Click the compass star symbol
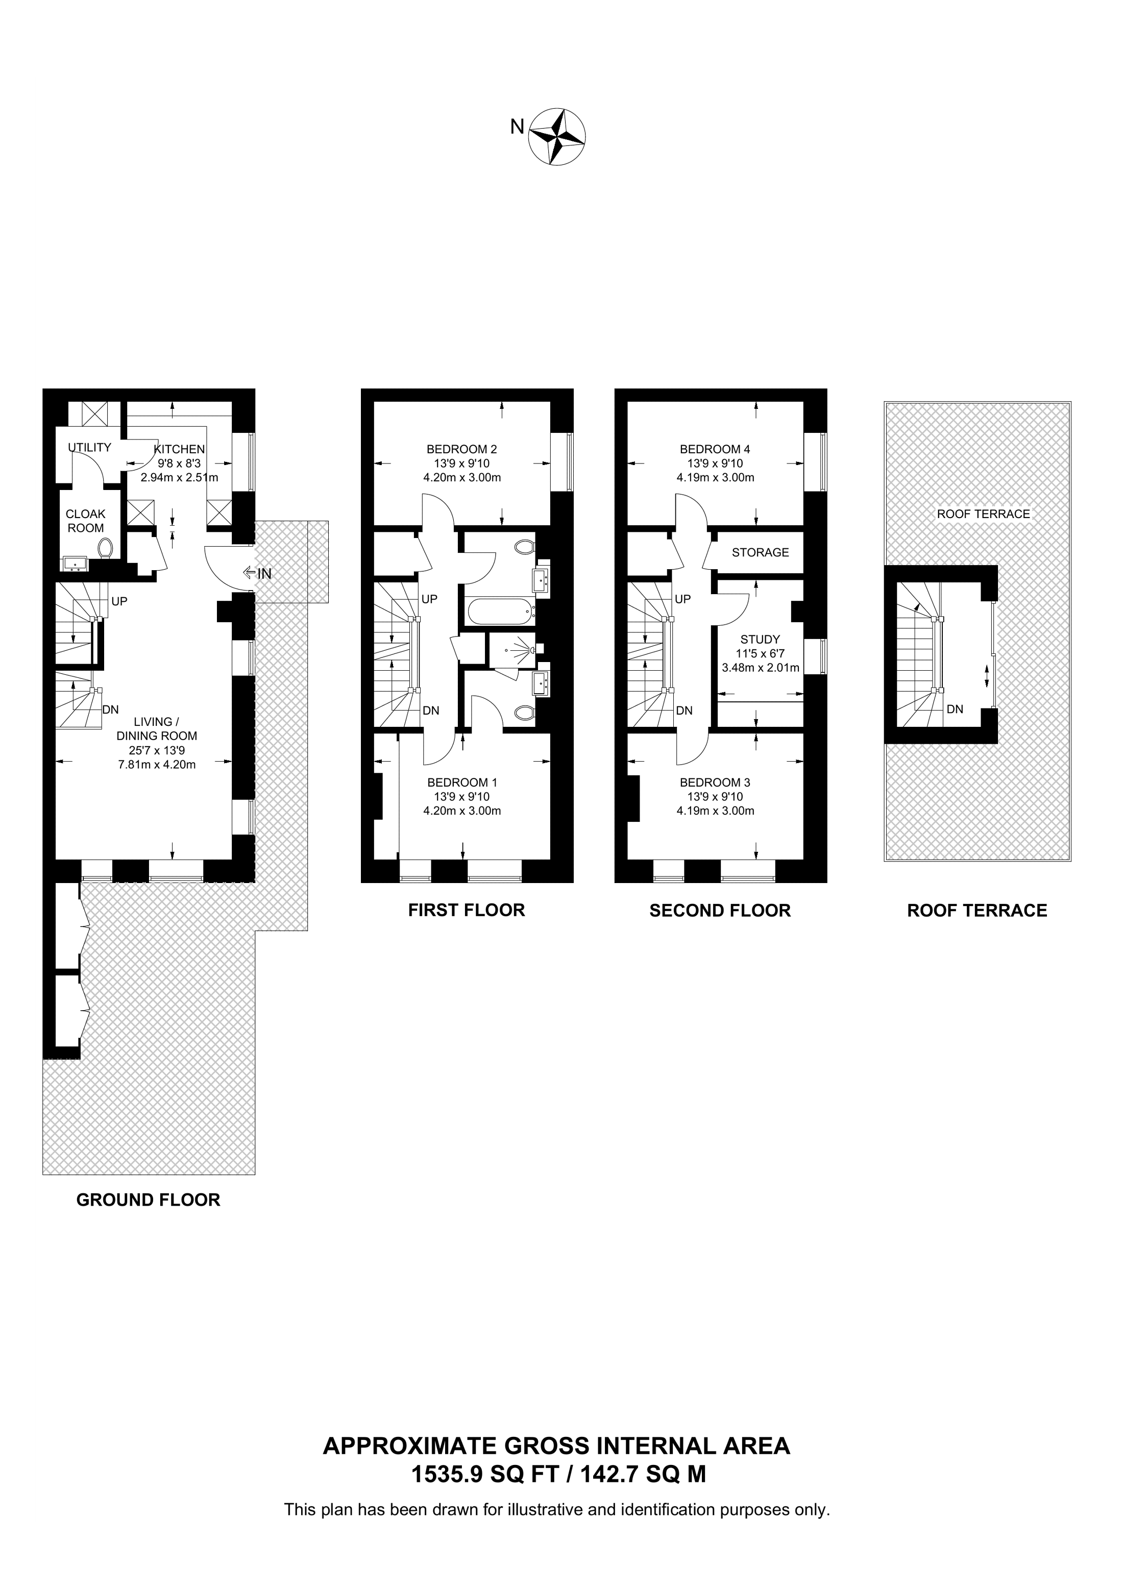coord(557,136)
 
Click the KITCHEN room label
coord(179,449)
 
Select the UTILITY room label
coord(89,448)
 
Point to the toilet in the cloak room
coord(105,549)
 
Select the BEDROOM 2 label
coord(461,449)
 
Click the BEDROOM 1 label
coord(461,783)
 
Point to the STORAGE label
coord(761,552)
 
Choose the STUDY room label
coord(761,640)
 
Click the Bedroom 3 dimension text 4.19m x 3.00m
coord(716,811)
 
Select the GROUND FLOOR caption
coord(148,1200)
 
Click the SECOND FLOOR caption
coord(720,911)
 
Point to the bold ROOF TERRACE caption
coord(977,911)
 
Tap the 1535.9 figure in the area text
coord(448,1475)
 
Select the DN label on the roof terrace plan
coord(955,710)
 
